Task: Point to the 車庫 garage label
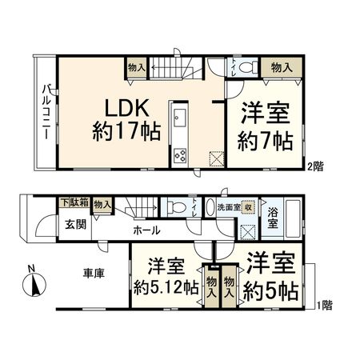pos(95,272)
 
